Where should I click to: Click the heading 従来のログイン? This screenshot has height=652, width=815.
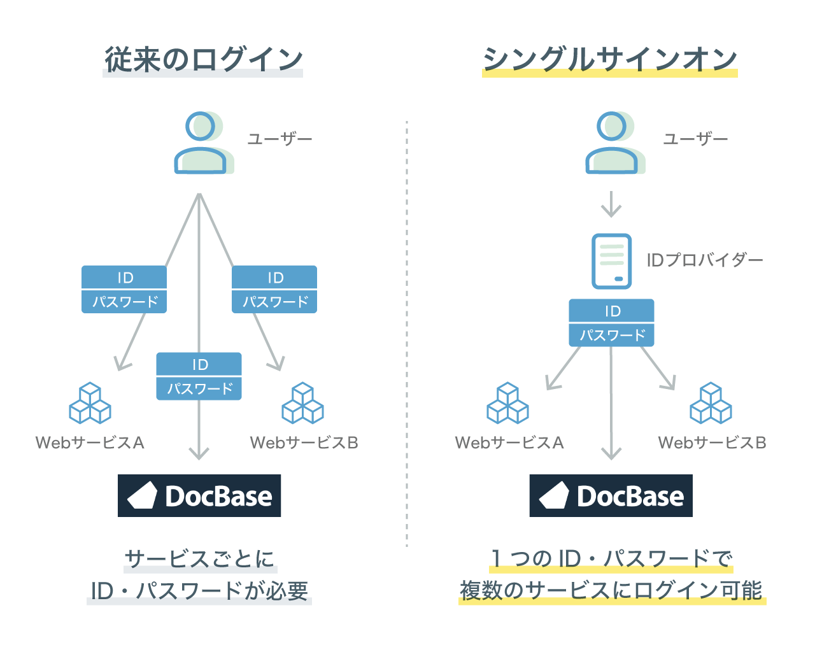203,60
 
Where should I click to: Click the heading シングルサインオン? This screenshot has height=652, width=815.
609,60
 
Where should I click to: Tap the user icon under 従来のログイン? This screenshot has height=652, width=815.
201,143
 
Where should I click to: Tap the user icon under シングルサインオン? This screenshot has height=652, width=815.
613,143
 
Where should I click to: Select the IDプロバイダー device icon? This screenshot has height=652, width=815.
611,261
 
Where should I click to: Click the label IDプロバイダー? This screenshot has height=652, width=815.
704,260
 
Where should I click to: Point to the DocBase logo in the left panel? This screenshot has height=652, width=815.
199,495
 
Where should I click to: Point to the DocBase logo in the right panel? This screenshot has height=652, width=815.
611,495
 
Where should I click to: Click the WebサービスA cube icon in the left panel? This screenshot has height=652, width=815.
90,403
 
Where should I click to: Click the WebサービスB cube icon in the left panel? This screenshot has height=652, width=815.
302,403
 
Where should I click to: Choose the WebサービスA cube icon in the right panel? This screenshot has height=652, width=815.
507,403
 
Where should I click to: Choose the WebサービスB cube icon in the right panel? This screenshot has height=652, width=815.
711,403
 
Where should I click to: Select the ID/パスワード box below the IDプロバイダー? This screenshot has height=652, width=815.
611,323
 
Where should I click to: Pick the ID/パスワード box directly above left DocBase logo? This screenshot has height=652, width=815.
199,376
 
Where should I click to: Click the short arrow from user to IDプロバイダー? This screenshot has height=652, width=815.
611,204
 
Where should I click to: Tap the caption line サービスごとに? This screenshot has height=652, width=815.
200,559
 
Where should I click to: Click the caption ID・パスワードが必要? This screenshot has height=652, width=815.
199,591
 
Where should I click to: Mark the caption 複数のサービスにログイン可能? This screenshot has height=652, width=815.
611,591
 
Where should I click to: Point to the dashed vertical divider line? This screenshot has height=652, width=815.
407,331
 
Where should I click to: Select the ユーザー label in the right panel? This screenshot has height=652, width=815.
695,139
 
